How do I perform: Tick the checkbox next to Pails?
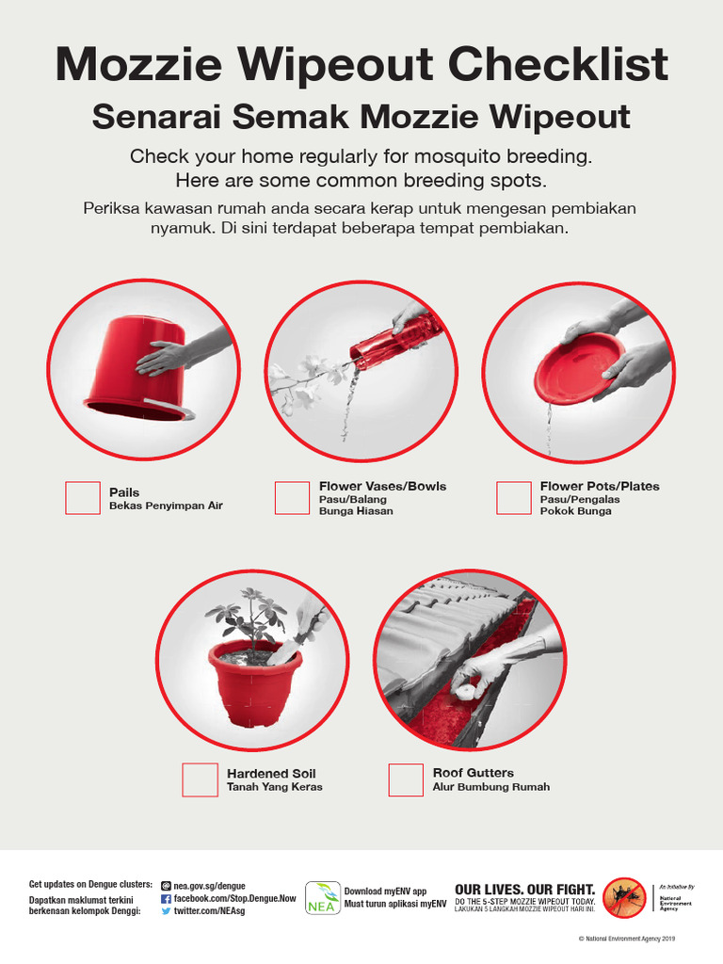click(x=82, y=498)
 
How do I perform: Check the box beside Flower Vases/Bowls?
click(x=292, y=498)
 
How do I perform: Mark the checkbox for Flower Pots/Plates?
click(x=513, y=498)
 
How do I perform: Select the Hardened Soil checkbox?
click(x=200, y=779)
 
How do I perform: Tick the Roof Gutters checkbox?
click(x=406, y=779)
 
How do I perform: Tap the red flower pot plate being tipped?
click(x=578, y=367)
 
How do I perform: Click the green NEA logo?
click(x=323, y=897)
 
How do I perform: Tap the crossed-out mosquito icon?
click(x=623, y=897)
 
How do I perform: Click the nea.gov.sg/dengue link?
click(x=209, y=886)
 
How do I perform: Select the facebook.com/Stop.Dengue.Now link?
click(x=234, y=899)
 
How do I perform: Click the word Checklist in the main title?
click(x=557, y=65)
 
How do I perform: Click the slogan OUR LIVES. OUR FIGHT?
click(x=524, y=889)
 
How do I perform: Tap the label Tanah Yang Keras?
click(x=274, y=787)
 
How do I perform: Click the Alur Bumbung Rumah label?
click(x=490, y=787)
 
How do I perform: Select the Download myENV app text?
click(x=385, y=891)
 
